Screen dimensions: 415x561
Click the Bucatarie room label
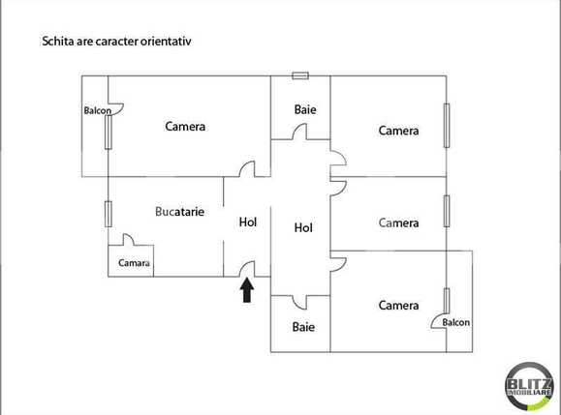179,211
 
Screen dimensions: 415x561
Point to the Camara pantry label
134,263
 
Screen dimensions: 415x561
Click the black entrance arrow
247,290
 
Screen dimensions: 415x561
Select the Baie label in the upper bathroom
304,109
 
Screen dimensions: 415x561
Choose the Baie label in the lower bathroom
303,327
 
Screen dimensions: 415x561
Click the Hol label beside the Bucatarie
248,222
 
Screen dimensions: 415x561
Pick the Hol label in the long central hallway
303,228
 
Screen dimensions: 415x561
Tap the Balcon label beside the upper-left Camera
97,110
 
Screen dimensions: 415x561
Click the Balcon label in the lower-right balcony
456,322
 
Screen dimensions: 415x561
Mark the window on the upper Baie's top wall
300,74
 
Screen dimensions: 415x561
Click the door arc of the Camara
129,241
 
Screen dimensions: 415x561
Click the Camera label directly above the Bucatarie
185,126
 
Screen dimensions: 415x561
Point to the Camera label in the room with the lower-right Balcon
398,306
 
